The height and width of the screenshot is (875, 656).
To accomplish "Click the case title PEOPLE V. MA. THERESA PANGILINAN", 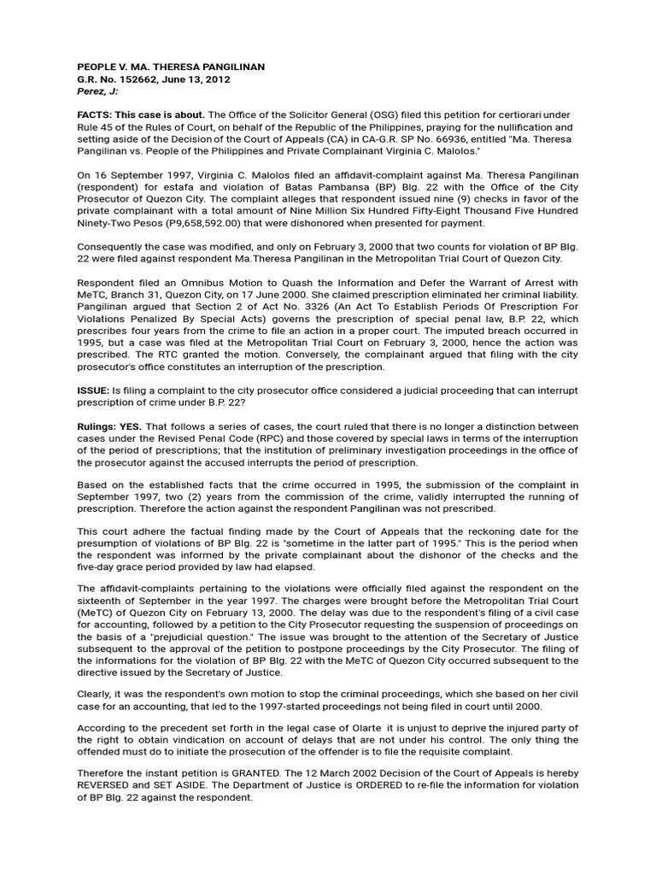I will tap(171, 67).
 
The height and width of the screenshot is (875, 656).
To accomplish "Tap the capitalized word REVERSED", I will tap(113, 785).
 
